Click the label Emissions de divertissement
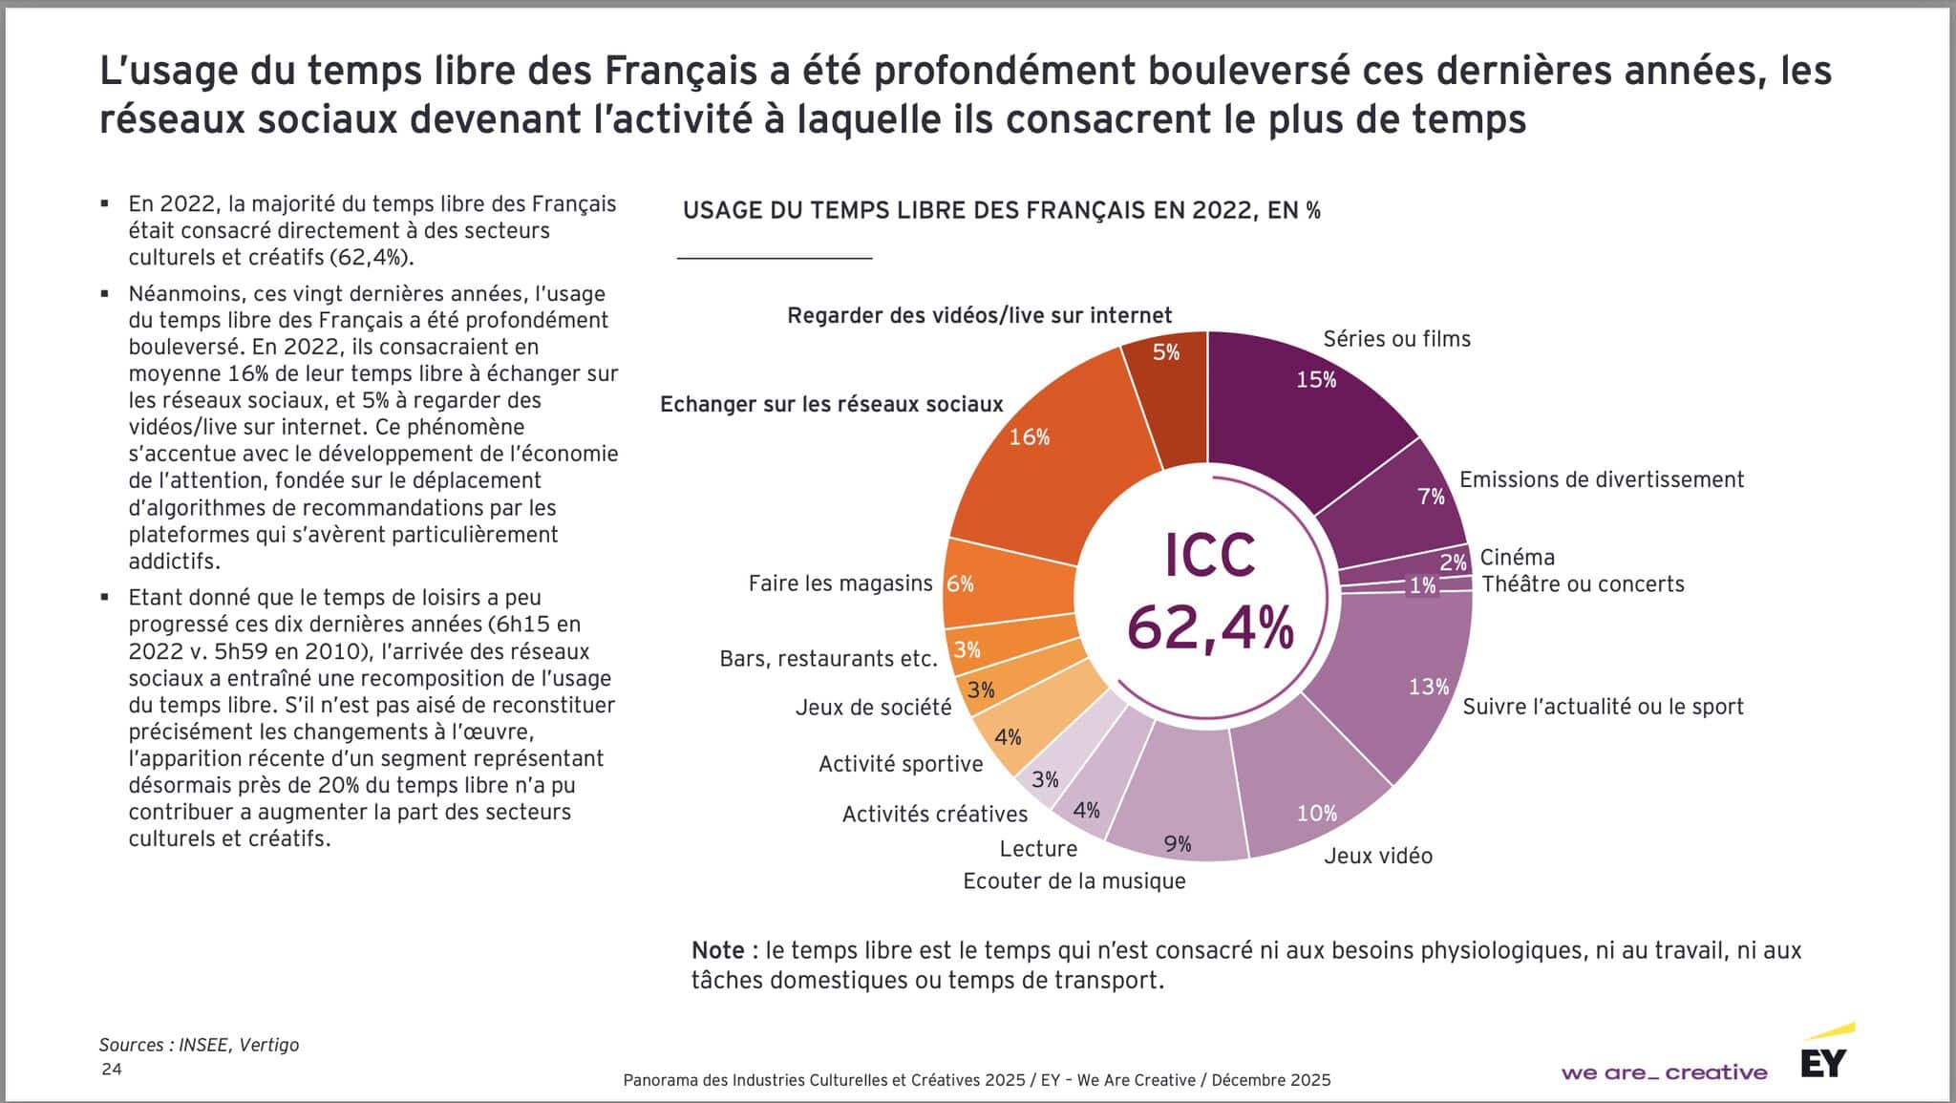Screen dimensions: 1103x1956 [x=1602, y=479]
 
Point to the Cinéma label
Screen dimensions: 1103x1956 [x=1517, y=557]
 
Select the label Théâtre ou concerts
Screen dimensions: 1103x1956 [x=1583, y=583]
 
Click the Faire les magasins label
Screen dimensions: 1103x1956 [x=840, y=583]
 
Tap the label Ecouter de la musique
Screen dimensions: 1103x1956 [x=1074, y=880]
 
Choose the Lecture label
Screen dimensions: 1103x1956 [x=1038, y=848]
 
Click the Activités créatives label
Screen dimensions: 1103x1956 [x=934, y=814]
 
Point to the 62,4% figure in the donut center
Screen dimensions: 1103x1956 [x=1210, y=627]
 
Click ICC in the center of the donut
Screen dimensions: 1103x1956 [x=1209, y=556]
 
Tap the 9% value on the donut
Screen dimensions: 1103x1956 [x=1178, y=843]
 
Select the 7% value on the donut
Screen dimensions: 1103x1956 [x=1431, y=497]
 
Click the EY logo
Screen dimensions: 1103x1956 [x=1823, y=1062]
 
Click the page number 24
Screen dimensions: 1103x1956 [x=112, y=1069]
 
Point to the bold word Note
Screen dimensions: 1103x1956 [x=718, y=950]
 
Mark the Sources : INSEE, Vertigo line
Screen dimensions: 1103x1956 [x=199, y=1045]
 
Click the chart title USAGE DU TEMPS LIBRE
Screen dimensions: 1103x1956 [x=1001, y=211]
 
